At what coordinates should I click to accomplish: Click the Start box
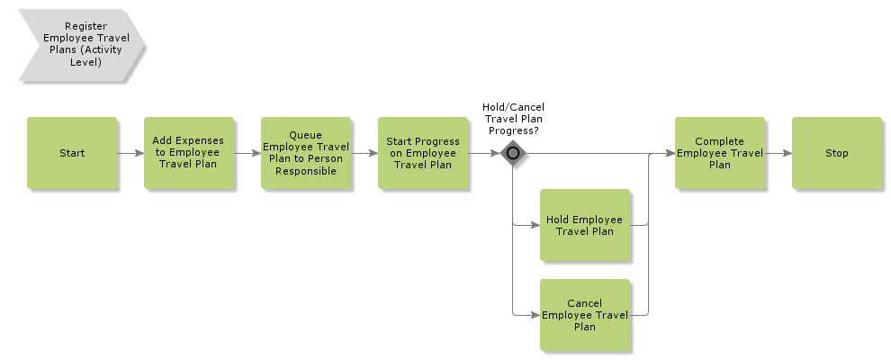point(72,153)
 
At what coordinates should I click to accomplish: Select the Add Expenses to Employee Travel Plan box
point(189,153)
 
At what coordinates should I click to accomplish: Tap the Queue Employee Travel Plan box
point(306,153)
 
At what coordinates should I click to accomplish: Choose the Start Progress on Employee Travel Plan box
point(423,153)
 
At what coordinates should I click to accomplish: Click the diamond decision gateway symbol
point(513,153)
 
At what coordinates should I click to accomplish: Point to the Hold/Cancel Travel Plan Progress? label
point(513,119)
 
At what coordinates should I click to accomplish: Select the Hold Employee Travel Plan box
point(585,225)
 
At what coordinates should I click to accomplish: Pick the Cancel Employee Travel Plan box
point(585,315)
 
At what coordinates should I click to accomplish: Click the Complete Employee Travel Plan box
point(720,153)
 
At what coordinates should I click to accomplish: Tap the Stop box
point(837,153)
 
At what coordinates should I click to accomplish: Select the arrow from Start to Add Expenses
point(130,153)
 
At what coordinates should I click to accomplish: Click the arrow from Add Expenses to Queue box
point(247,153)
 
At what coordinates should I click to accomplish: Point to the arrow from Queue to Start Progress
point(364,153)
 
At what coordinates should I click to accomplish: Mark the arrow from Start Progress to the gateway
point(483,153)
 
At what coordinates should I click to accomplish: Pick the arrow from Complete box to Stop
point(778,153)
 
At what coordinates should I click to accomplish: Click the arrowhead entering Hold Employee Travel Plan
point(535,225)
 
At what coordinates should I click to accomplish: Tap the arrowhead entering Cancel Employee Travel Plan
point(535,315)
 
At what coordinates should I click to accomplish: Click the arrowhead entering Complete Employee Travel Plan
point(670,153)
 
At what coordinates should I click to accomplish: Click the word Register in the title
point(86,27)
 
